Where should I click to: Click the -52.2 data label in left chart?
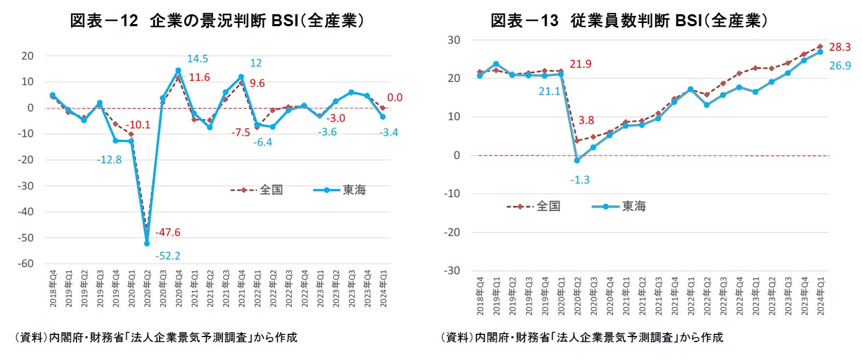167,256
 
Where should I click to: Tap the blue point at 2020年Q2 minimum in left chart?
147,244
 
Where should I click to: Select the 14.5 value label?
197,58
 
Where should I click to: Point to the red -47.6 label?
167,232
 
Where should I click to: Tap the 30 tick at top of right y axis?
454,40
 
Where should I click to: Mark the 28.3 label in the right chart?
840,47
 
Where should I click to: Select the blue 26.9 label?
840,66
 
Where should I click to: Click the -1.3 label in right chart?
580,180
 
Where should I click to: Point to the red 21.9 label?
580,64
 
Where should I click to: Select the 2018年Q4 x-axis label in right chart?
480,296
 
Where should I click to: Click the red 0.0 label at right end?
394,97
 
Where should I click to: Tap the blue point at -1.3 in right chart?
577,161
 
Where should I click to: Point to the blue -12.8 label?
109,160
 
